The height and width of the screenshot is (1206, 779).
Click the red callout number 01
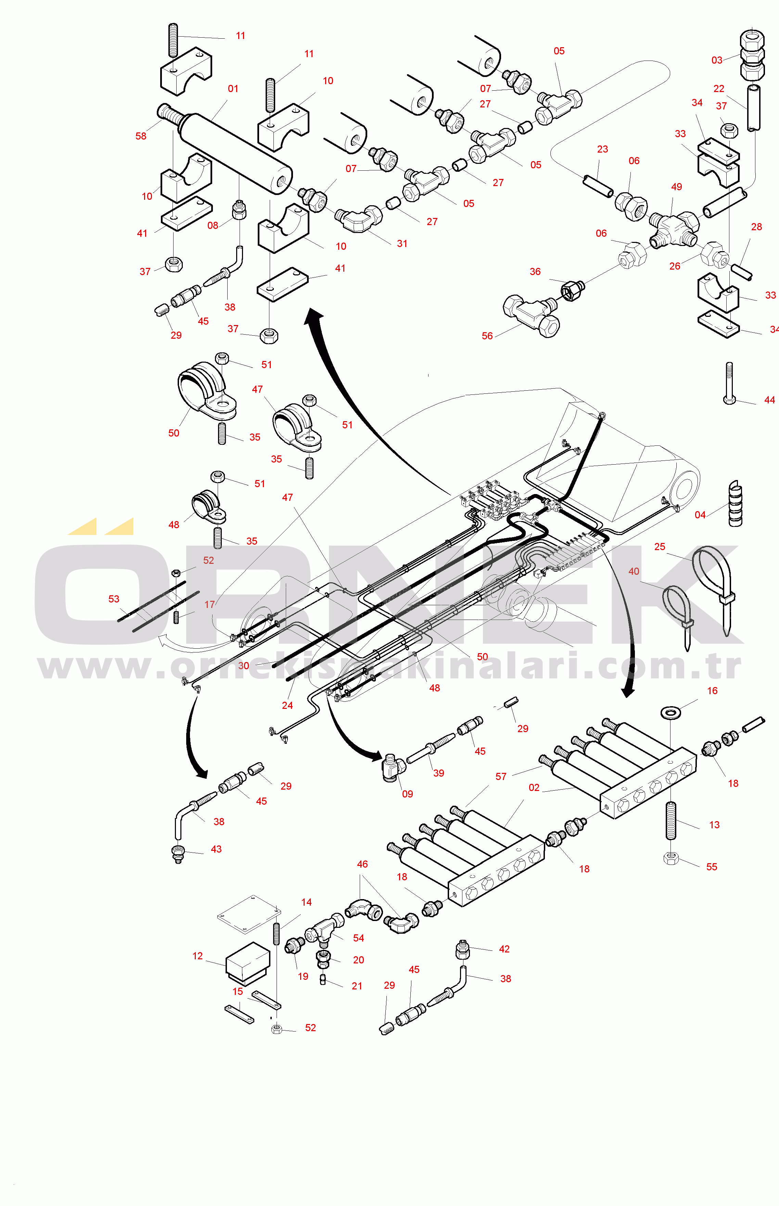pos(233,89)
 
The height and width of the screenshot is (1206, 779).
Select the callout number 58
pos(141,136)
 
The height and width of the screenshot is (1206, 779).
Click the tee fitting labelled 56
pos(532,314)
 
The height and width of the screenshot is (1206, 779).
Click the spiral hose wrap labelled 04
pos(735,503)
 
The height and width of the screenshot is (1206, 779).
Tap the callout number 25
pos(660,547)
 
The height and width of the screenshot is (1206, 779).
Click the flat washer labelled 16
pos(671,712)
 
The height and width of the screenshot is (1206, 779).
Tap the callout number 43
pos(216,849)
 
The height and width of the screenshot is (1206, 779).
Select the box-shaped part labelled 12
pos(247,963)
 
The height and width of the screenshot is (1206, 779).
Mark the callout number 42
pos(504,949)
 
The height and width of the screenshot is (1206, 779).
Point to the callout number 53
pos(114,599)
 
